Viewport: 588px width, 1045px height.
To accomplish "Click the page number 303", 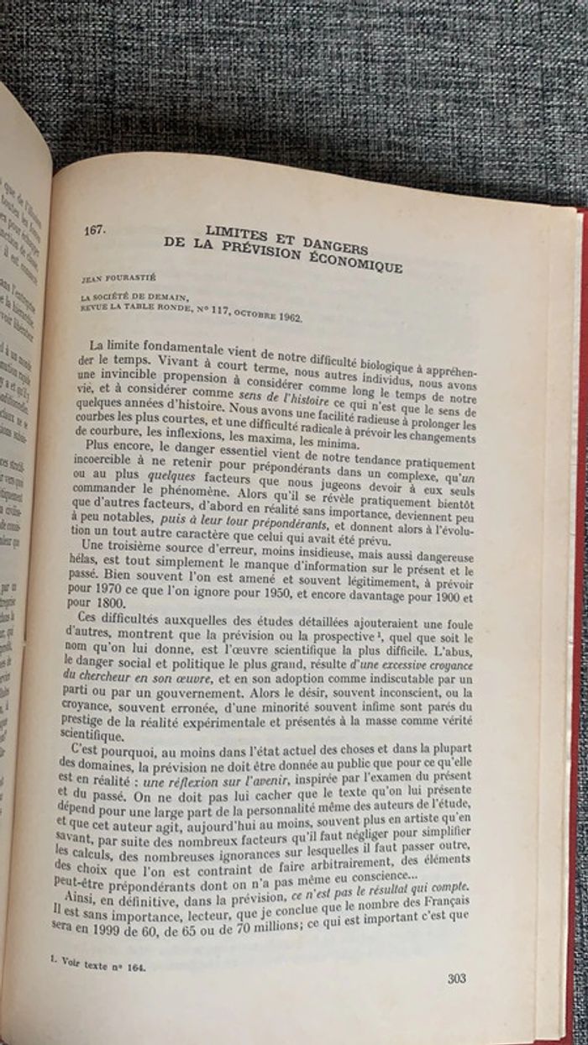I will coord(457,978).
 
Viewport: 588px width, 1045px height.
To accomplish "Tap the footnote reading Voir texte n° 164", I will coord(97,966).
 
